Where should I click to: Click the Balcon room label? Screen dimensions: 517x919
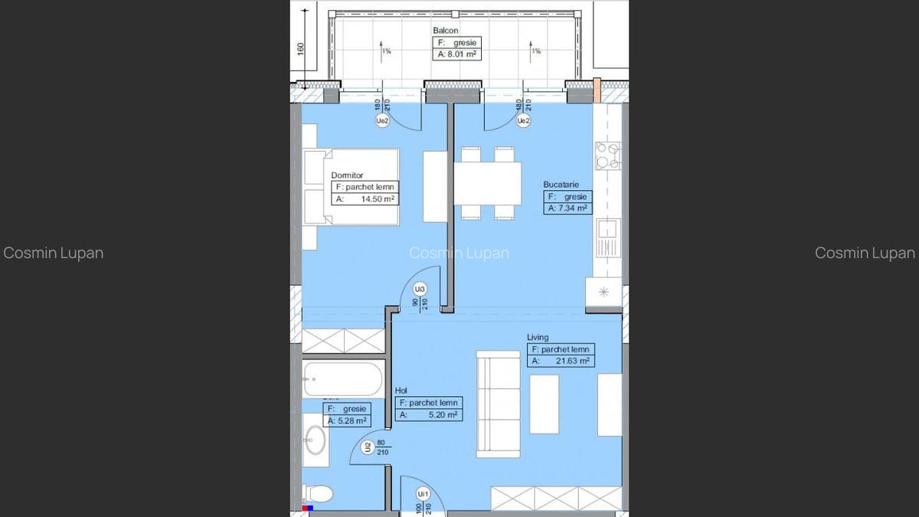coord(446,31)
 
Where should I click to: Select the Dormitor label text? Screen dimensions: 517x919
coord(347,175)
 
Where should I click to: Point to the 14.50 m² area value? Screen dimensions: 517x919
coord(378,199)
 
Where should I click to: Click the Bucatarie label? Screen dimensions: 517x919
coord(561,185)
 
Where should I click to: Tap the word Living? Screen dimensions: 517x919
coord(538,337)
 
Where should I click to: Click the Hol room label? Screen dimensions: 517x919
coord(401,391)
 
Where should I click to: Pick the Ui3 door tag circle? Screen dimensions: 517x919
coord(420,290)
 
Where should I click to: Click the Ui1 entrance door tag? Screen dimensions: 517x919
coord(422,494)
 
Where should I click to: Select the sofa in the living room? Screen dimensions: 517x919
coord(499,404)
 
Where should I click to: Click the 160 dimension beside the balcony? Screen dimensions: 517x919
coord(300,47)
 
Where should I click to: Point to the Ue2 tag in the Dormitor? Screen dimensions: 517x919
coord(381,121)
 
